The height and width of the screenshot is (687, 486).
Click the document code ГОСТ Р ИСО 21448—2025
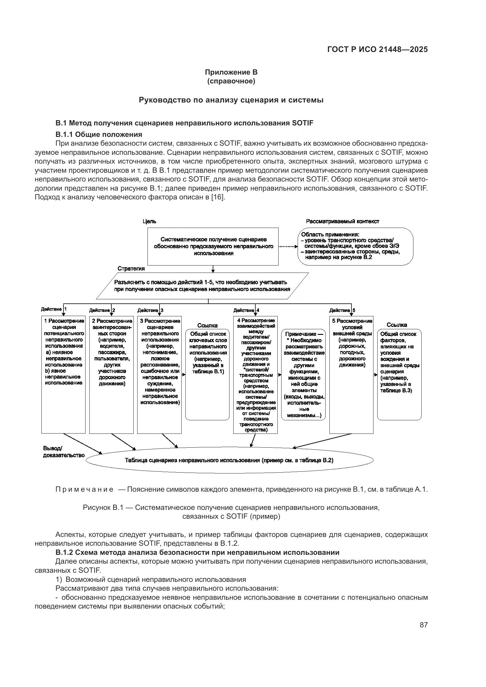(x=377, y=50)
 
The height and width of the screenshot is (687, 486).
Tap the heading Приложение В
(x=231, y=72)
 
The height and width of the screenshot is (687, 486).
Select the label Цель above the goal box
(x=149, y=221)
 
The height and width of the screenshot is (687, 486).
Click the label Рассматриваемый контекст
(x=342, y=221)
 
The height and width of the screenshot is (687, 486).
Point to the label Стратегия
(x=131, y=268)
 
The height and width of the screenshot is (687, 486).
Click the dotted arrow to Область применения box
(x=288, y=247)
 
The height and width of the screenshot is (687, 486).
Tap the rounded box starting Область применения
(x=355, y=246)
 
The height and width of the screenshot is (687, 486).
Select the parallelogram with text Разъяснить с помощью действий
(x=202, y=286)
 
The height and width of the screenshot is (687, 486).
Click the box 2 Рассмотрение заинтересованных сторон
(x=111, y=374)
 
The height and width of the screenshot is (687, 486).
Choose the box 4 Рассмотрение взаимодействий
(x=255, y=374)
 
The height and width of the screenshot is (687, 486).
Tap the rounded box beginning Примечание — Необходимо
(x=304, y=374)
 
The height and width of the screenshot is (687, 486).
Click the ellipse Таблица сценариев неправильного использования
(x=229, y=460)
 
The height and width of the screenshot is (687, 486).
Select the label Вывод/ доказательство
(x=63, y=452)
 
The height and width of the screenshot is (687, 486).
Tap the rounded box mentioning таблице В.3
(x=399, y=374)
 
